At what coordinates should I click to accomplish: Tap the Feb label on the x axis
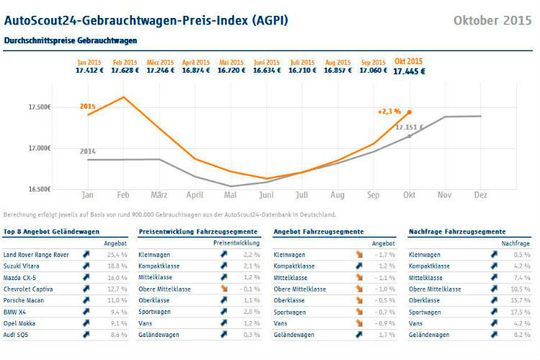[x=124, y=196]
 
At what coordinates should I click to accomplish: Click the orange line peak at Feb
[x=124, y=97]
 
